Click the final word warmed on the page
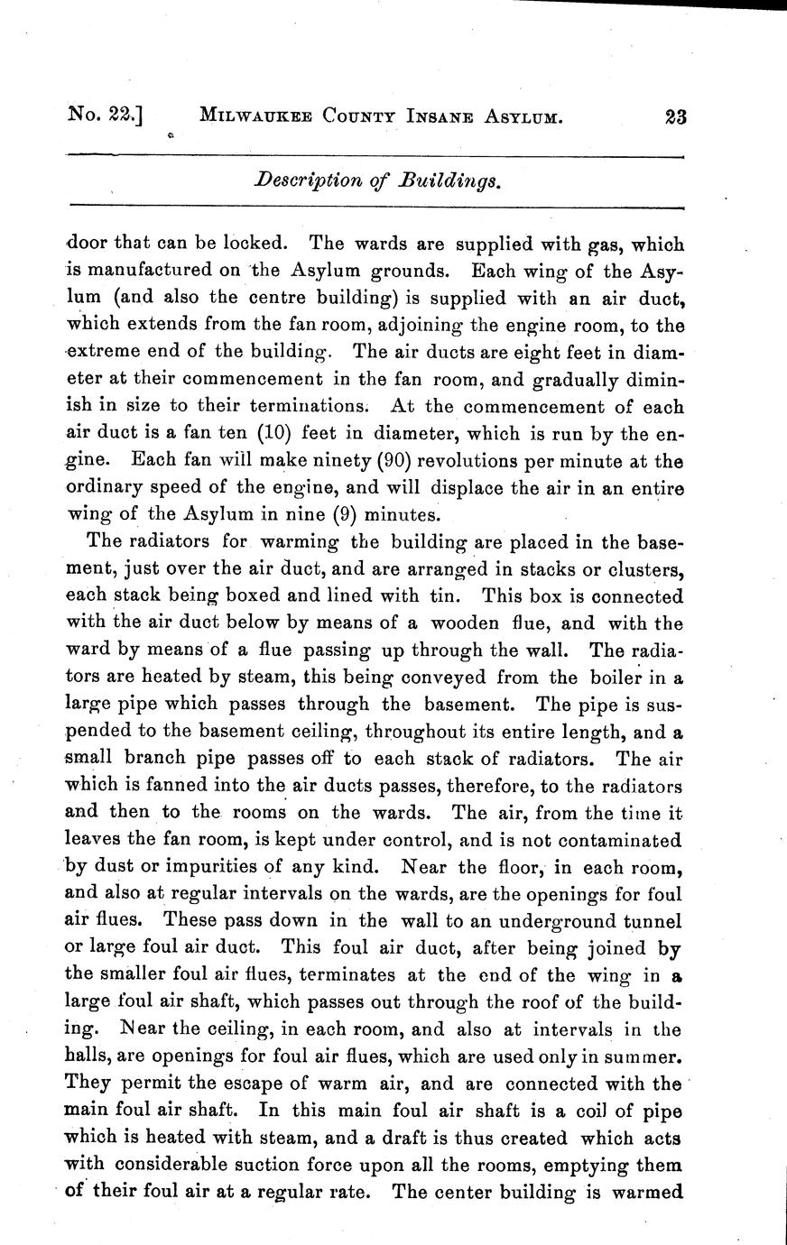coord(646,1192)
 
